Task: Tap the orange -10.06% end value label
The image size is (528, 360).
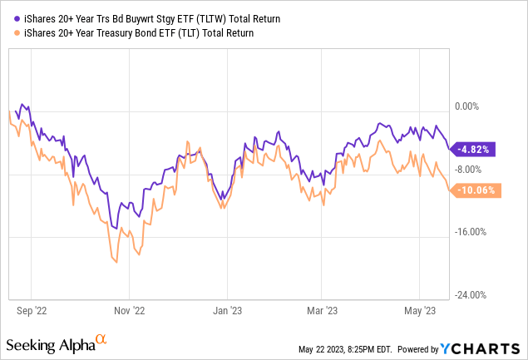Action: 475,190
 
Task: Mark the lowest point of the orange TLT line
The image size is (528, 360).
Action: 116,262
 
